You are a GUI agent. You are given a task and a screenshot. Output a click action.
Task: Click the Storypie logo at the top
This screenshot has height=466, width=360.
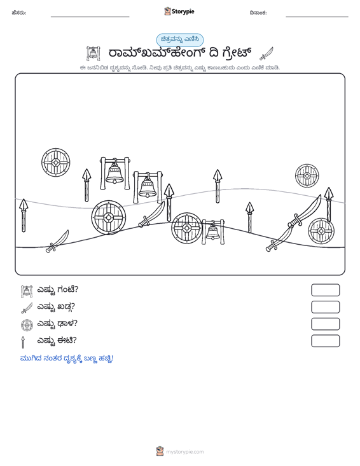179,11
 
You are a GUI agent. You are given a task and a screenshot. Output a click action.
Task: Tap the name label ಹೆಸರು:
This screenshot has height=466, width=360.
19,13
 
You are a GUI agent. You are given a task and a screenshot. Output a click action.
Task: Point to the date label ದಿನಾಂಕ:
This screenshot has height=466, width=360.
258,13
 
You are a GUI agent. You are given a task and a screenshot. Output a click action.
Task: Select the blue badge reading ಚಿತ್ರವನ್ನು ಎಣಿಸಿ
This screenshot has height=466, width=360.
180,39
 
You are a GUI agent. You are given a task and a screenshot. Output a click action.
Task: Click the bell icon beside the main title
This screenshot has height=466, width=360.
93,53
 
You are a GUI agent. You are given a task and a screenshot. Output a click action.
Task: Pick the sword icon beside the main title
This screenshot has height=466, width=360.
267,53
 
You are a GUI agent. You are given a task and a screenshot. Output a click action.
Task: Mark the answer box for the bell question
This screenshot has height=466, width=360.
325,290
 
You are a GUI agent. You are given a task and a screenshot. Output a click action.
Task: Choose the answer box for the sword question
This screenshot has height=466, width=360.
325,307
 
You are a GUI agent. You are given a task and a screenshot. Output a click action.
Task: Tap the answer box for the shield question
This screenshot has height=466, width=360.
325,324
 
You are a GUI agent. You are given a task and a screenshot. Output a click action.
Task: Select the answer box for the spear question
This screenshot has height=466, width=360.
325,341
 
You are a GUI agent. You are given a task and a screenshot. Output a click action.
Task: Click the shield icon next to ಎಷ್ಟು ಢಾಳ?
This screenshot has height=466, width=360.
27,324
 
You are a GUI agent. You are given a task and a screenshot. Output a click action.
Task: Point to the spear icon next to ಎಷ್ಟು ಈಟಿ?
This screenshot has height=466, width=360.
23,342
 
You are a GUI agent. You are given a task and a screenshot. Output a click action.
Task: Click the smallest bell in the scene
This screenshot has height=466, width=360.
213,232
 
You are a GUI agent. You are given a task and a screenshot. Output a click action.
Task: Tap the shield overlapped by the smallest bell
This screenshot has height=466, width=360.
186,228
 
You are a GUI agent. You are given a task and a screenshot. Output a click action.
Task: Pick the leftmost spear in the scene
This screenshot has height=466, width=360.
24,215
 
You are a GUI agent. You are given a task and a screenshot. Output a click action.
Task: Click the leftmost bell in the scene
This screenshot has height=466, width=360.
114,174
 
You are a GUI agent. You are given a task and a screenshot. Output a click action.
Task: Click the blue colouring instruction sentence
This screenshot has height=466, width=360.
67,359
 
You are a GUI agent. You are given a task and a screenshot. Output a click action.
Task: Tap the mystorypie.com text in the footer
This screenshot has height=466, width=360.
184,452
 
